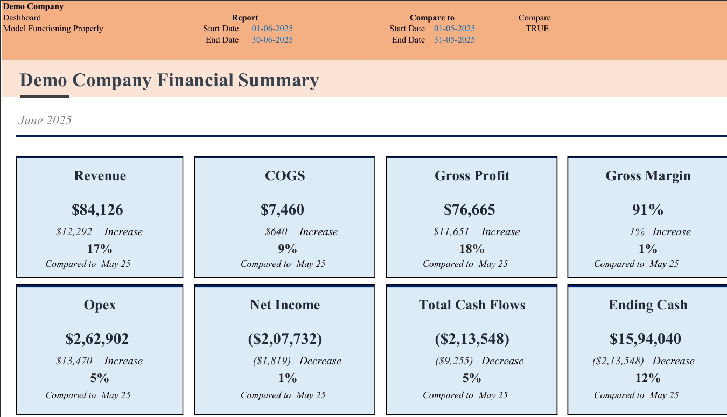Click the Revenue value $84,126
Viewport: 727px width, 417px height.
pyautogui.click(x=97, y=210)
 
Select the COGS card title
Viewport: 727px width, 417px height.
pyautogui.click(x=285, y=176)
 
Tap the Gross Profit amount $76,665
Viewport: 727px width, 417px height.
pyautogui.click(x=470, y=210)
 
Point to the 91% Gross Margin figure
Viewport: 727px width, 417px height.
pyautogui.click(x=648, y=210)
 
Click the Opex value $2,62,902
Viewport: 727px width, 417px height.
pyautogui.click(x=97, y=339)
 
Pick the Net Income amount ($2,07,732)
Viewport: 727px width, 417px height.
pyautogui.click(x=285, y=339)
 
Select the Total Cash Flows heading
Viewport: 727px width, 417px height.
pyautogui.click(x=472, y=305)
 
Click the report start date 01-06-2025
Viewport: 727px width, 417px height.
pyautogui.click(x=272, y=29)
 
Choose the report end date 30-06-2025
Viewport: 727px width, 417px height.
pyautogui.click(x=272, y=40)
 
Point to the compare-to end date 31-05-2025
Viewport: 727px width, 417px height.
pyautogui.click(x=455, y=40)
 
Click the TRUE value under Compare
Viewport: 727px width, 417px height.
pyautogui.click(x=537, y=29)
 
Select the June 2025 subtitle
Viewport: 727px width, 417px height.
pyautogui.click(x=45, y=121)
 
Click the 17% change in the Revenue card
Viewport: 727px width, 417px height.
pyautogui.click(x=100, y=249)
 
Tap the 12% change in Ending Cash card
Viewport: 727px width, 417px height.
pyautogui.click(x=648, y=378)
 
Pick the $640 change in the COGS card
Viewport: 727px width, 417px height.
pyautogui.click(x=276, y=232)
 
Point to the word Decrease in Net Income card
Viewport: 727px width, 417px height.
pyautogui.click(x=320, y=361)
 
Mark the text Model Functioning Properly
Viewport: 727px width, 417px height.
pyautogui.click(x=53, y=29)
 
